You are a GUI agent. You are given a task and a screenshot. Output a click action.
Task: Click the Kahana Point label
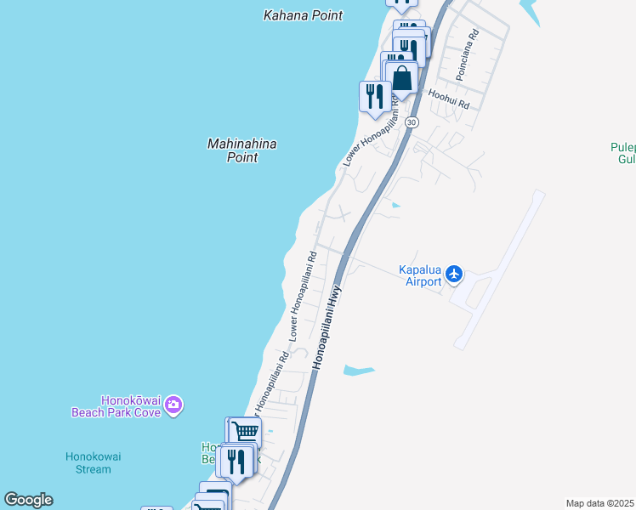coord(304,15)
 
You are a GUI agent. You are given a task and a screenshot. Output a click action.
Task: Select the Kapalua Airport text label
coord(420,276)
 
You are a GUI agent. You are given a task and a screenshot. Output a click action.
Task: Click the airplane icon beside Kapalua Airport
coord(454,274)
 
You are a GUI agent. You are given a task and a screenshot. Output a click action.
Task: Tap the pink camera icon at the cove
coord(174,405)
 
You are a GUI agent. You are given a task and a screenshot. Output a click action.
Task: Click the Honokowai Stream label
coord(94,462)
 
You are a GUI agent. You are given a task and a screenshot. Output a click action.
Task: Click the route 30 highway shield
coord(412,123)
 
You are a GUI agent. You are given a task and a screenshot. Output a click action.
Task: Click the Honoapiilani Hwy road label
coord(328,326)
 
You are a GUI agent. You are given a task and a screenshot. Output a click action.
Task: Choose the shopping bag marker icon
coord(401,79)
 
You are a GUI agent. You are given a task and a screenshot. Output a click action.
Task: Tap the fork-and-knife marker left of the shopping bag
coord(374,96)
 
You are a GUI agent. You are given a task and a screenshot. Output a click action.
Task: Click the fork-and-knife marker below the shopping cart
coord(234,460)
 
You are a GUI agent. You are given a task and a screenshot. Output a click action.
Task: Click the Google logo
coord(28,500)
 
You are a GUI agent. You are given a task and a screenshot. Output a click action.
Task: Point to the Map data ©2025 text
coord(599,503)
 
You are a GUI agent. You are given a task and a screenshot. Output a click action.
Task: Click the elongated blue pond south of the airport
coord(358,370)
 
